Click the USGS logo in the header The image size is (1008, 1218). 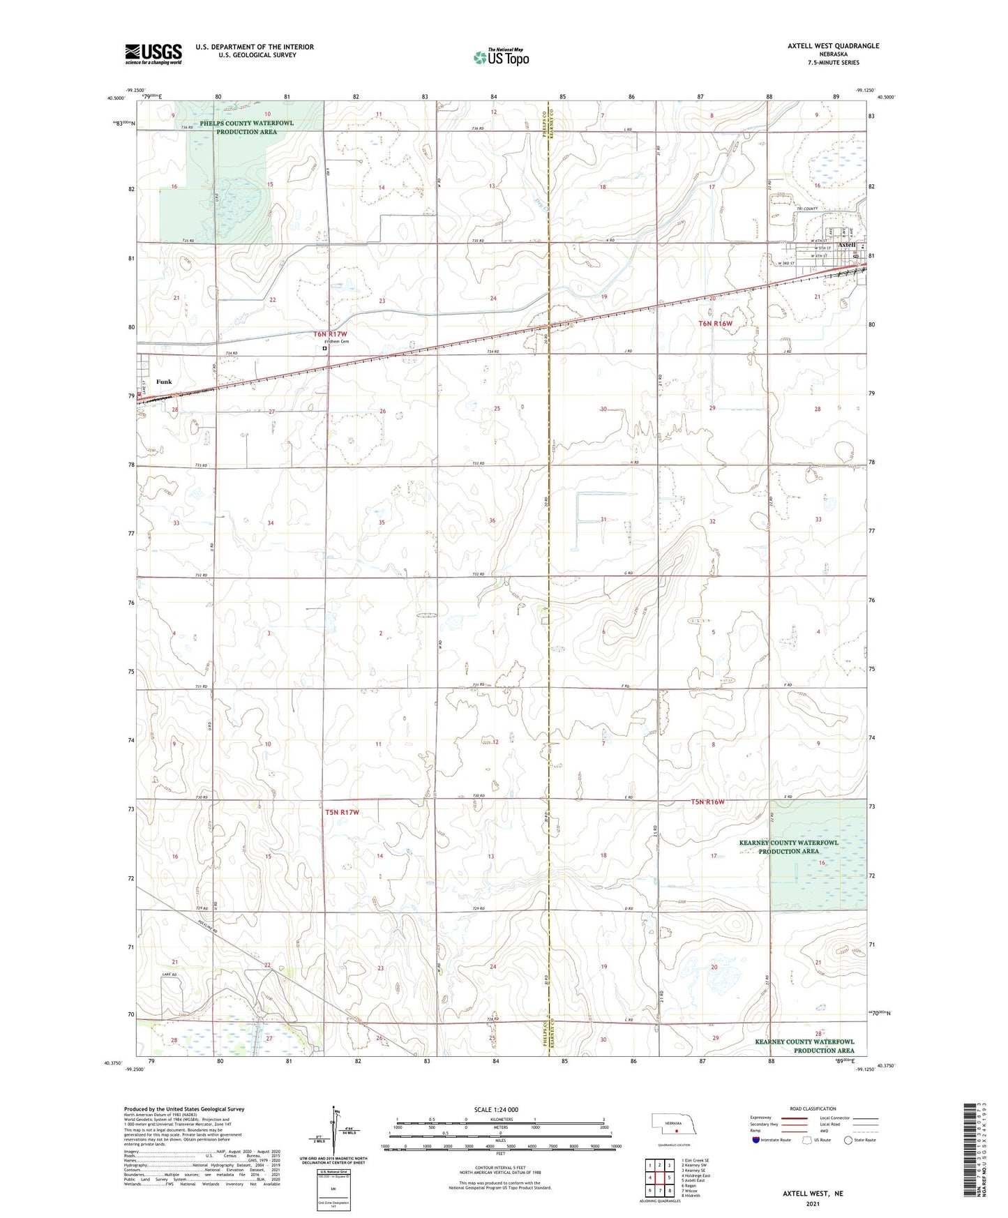153,54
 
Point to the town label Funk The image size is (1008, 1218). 164,382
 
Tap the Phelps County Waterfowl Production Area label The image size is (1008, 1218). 246,127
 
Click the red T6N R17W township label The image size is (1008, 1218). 340,334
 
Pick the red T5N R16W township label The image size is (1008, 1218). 707,802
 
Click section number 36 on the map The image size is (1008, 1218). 492,520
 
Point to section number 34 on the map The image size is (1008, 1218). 270,522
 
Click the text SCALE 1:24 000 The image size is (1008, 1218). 496,1109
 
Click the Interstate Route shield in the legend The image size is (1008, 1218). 756,1140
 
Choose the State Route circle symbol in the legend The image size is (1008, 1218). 848,1140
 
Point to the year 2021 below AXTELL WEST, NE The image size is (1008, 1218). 812,1203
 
